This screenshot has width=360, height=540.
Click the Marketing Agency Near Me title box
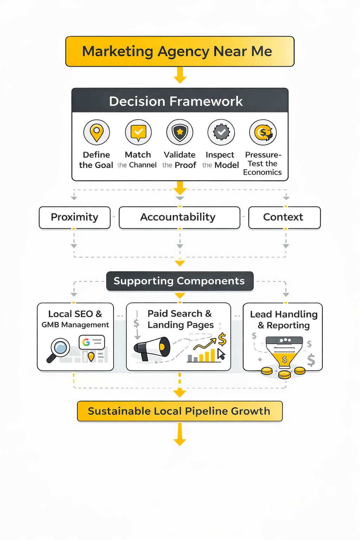point(180,51)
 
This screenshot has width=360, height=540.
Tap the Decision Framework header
point(180,101)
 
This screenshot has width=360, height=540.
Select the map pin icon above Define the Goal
point(97,132)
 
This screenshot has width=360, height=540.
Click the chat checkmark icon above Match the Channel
point(139,132)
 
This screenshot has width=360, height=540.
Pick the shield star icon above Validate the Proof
point(180,132)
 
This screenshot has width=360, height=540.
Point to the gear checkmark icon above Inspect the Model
point(221,132)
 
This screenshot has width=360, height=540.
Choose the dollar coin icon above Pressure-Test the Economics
point(263,132)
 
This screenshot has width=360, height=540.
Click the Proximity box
point(75,217)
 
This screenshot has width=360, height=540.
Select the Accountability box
point(179,217)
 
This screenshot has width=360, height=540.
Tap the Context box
point(284,217)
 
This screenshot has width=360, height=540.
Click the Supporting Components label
point(180,281)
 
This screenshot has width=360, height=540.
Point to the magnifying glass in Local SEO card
point(59,349)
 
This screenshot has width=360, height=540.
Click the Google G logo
point(86,342)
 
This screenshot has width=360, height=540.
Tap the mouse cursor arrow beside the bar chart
point(221,354)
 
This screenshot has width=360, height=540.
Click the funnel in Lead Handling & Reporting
point(284,352)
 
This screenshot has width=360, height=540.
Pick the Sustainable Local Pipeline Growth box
point(180,411)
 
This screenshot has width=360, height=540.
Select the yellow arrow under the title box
point(180,75)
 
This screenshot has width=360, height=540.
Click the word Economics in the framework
point(262,172)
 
